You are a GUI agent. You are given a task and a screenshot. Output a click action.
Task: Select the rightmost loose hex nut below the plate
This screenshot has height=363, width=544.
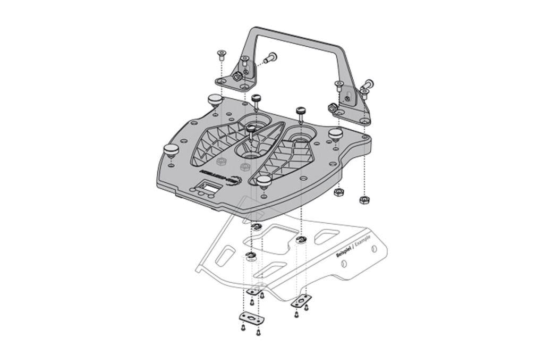pyautogui.click(x=364, y=200)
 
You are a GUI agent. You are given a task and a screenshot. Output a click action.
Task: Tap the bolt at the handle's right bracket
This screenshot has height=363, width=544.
pyautogui.click(x=368, y=84)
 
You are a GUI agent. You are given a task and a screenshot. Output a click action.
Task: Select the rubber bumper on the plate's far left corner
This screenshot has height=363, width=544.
pyautogui.click(x=171, y=150)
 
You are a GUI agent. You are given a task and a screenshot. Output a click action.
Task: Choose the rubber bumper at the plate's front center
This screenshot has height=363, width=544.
pyautogui.click(x=264, y=181)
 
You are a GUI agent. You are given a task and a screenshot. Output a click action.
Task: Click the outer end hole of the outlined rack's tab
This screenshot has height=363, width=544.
pyautogui.click(x=375, y=249)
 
